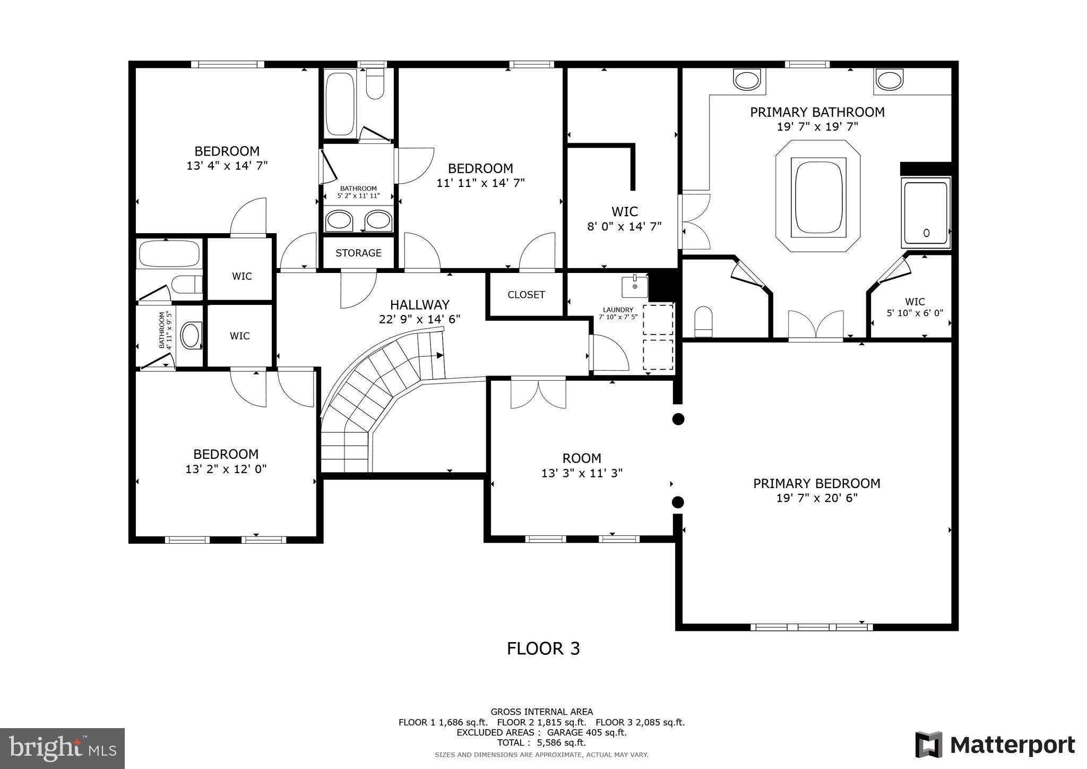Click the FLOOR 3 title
point(543,648)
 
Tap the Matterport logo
point(995,745)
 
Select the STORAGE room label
point(358,253)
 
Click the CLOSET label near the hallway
point(526,295)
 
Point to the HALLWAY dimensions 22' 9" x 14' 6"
point(419,319)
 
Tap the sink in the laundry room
point(635,287)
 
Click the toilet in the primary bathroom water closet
point(703,321)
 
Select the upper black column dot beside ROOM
point(678,419)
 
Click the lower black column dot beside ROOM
point(678,502)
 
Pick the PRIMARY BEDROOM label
point(816,483)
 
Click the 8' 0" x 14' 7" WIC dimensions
point(624,227)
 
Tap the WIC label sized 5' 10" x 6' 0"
point(915,302)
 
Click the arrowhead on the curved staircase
point(439,355)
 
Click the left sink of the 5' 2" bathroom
point(339,219)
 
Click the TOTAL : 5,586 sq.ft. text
point(541,742)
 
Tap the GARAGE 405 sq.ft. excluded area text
point(586,732)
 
